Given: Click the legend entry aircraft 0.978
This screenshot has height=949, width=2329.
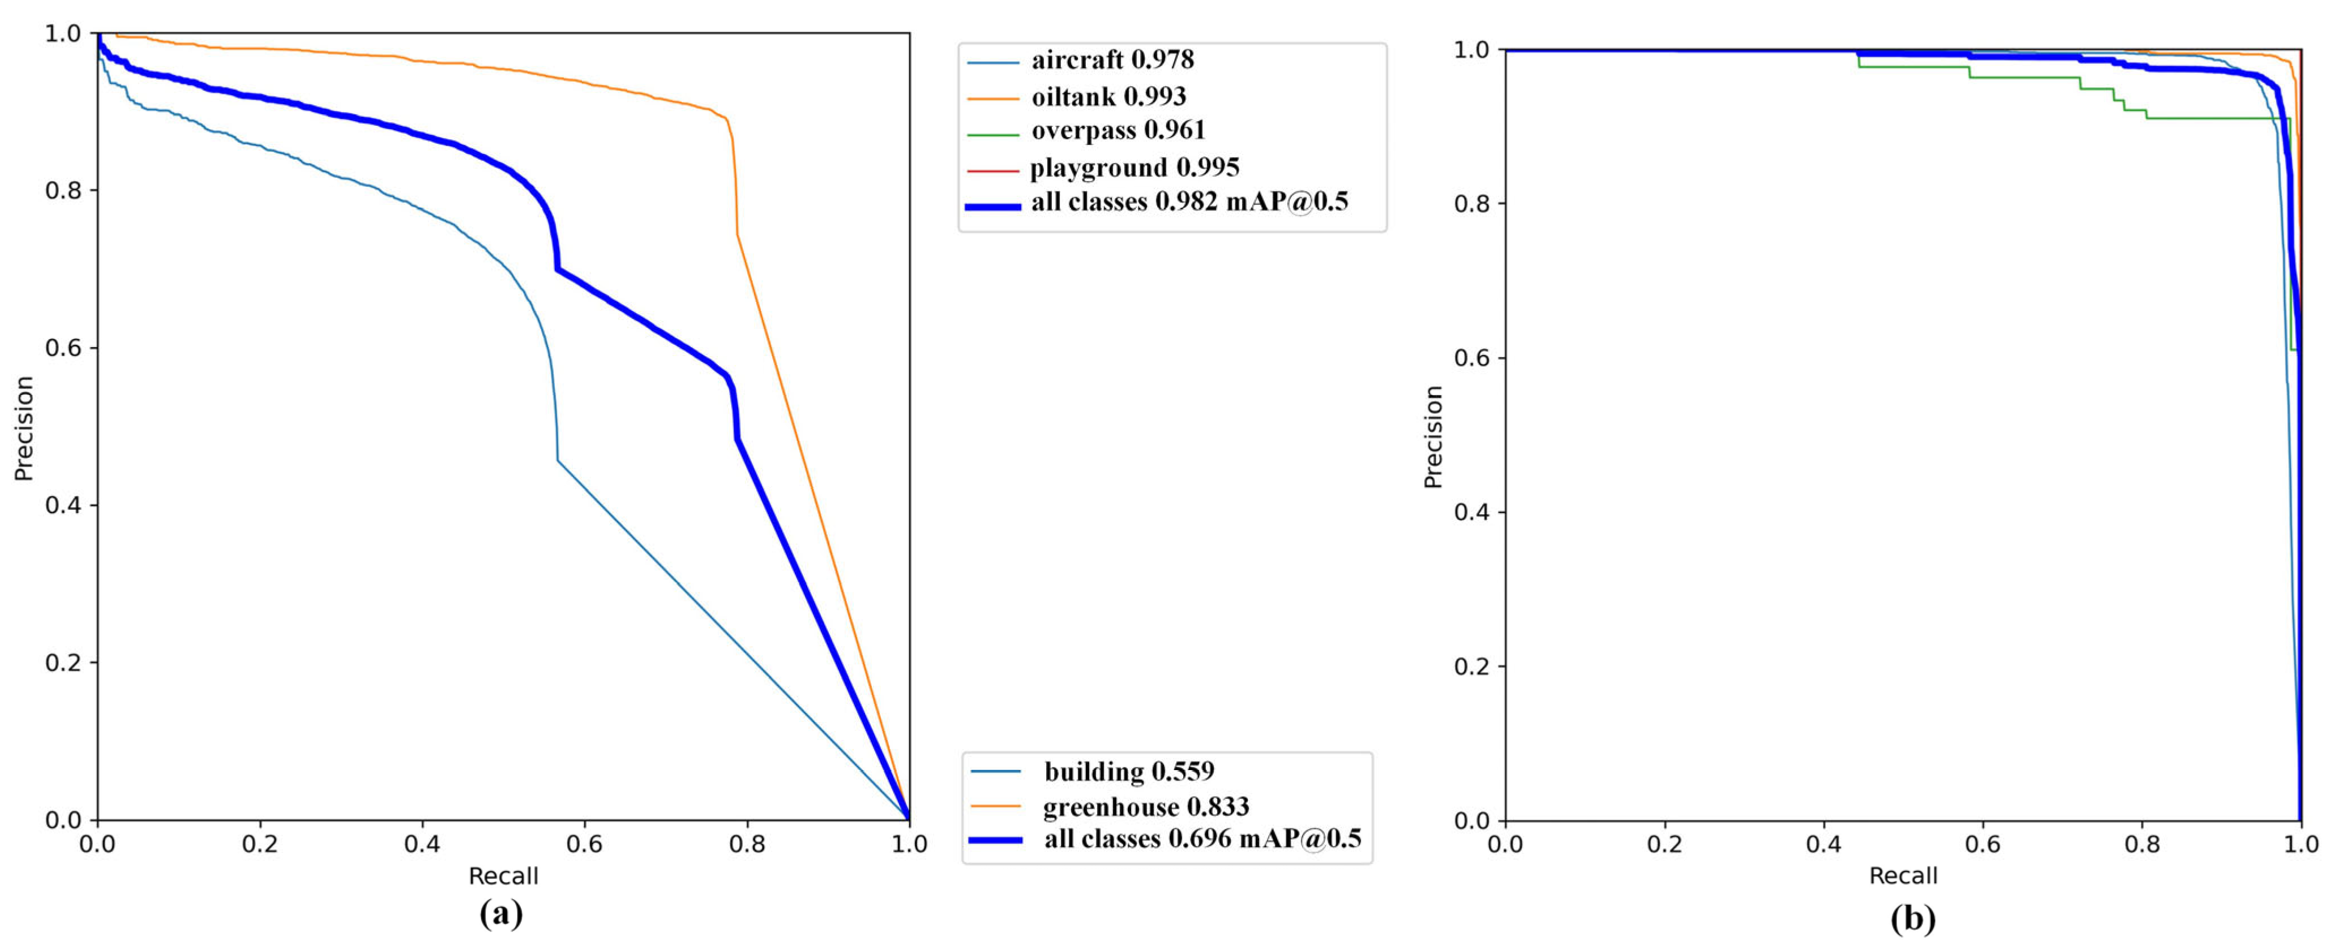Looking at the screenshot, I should tap(1112, 61).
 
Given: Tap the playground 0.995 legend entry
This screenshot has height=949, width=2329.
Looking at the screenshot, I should tap(1134, 168).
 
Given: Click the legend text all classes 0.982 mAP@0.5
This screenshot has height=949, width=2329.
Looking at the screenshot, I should tap(1189, 202).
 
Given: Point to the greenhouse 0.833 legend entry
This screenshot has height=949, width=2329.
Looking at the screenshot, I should tap(1145, 806).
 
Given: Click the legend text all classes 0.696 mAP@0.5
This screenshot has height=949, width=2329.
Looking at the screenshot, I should tap(1202, 839).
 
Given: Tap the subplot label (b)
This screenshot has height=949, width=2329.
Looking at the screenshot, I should tap(1913, 919).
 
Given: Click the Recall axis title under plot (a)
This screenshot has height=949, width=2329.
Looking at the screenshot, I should tap(503, 876).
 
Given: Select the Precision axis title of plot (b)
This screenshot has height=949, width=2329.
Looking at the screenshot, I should tap(1433, 437).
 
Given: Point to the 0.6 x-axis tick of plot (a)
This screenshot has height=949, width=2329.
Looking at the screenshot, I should tap(584, 845).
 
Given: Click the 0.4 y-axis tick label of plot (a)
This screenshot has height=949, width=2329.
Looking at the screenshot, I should tap(63, 505).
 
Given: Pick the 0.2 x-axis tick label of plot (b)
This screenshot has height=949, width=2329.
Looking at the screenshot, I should tap(1664, 845).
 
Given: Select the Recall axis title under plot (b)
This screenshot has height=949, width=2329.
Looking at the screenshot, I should tap(1903, 876).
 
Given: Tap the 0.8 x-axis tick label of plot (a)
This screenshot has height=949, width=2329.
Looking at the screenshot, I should tap(747, 845).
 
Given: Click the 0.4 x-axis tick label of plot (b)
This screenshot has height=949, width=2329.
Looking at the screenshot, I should tap(1823, 845).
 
